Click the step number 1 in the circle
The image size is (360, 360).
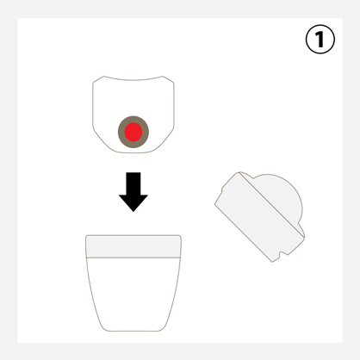pyautogui.click(x=320, y=40)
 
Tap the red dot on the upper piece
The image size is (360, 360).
pyautogui.click(x=133, y=132)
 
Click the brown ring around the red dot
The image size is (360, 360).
pyautogui.click(x=121, y=132)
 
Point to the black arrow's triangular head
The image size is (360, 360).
pyautogui.click(x=133, y=203)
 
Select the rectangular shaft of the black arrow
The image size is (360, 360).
pyautogui.click(x=133, y=183)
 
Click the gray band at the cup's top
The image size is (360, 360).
pyautogui.click(x=133, y=246)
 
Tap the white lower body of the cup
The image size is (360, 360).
pyautogui.click(x=133, y=293)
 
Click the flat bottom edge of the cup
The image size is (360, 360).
pyautogui.click(x=133, y=331)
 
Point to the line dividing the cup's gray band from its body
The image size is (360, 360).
pyautogui.click(x=133, y=258)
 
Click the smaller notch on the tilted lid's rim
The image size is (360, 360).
pyautogui.click(x=222, y=191)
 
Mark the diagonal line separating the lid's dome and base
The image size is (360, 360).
pyautogui.click(x=271, y=204)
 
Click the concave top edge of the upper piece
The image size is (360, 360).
pyautogui.click(x=133, y=79)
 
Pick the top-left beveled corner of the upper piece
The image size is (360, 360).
pyautogui.click(x=98, y=79)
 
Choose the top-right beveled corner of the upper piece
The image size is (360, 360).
pyautogui.click(x=169, y=79)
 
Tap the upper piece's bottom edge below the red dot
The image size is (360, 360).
pyautogui.click(x=133, y=152)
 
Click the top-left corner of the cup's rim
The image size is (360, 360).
pyautogui.click(x=86, y=236)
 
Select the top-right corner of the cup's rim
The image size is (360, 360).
pyautogui.click(x=180, y=236)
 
